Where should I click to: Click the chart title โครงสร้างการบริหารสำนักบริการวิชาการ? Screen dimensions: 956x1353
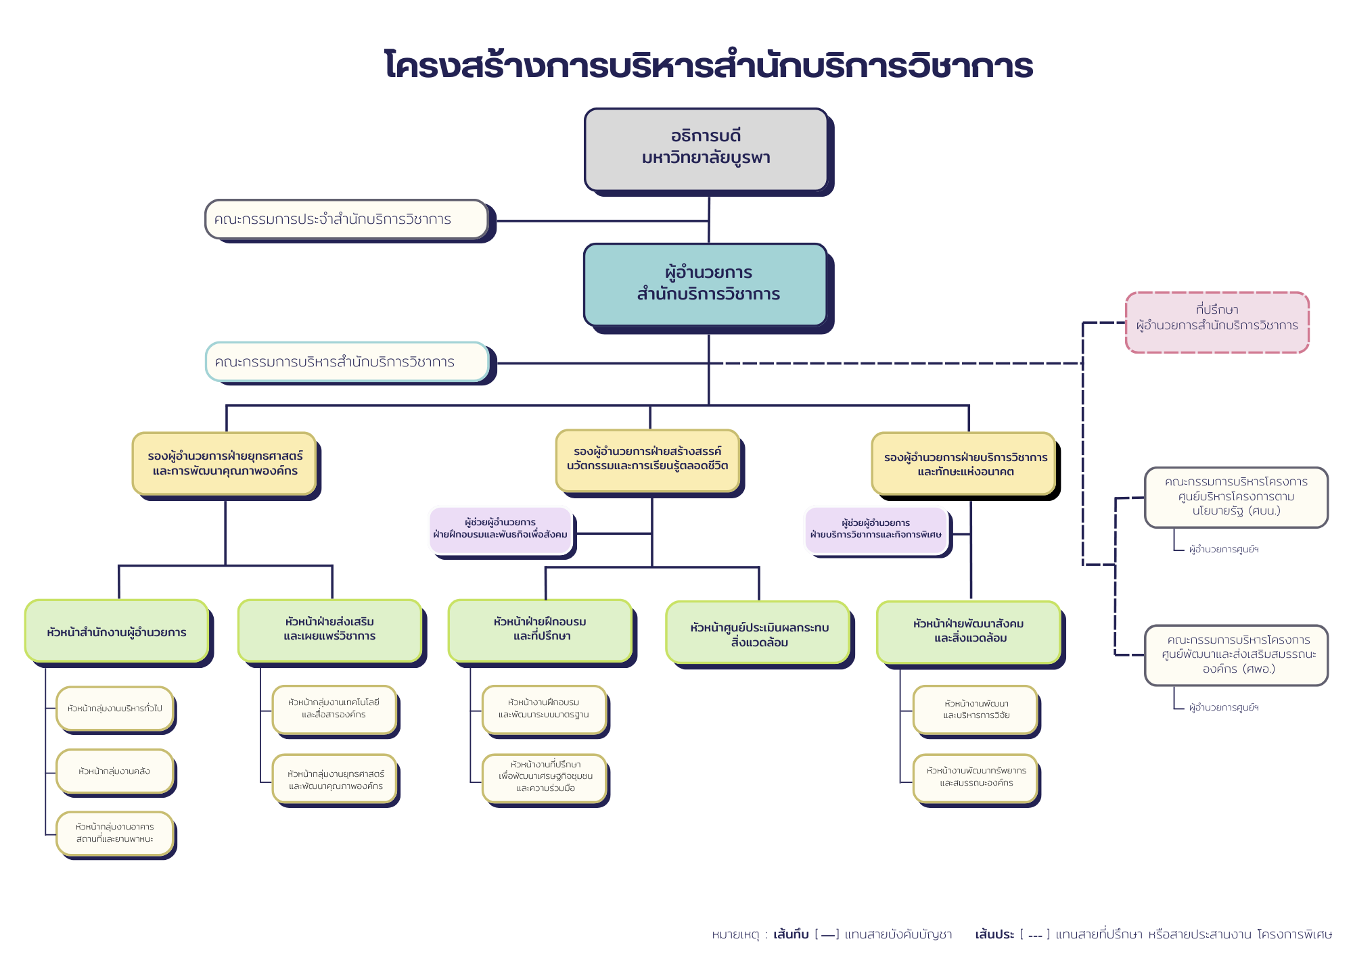click(x=708, y=66)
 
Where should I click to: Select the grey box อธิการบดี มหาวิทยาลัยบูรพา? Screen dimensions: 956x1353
click(x=706, y=149)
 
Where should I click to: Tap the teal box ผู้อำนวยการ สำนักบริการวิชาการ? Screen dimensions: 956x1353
click(x=706, y=284)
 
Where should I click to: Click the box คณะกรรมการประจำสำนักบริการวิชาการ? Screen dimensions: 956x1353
click(x=346, y=219)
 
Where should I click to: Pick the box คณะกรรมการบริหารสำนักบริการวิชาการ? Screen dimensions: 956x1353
click(x=347, y=362)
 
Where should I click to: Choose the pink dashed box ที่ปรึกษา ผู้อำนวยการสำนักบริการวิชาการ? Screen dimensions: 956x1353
click(x=1217, y=322)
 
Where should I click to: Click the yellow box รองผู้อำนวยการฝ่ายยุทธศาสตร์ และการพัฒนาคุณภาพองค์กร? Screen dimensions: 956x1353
click(x=225, y=463)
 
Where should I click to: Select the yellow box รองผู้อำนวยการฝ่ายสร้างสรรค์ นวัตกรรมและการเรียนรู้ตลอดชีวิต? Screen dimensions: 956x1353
click(x=647, y=459)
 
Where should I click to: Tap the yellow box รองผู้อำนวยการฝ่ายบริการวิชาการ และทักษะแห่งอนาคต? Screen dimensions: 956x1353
click(x=964, y=464)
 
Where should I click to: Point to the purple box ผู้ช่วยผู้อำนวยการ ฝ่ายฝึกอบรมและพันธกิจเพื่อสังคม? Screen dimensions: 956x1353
click(x=501, y=529)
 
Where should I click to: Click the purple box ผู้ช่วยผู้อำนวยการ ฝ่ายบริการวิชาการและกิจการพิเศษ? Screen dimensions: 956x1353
click(x=876, y=529)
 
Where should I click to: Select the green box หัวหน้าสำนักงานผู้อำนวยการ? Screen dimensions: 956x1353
click(x=117, y=631)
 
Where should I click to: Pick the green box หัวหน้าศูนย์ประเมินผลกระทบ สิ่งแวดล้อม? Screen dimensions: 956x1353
click(x=758, y=634)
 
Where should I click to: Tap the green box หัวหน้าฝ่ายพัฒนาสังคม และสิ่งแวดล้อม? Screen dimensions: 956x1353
click(x=969, y=631)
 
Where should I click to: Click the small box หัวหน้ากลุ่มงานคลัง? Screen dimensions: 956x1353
click(x=115, y=771)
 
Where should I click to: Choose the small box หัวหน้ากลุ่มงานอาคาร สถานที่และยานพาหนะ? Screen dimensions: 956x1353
click(x=115, y=833)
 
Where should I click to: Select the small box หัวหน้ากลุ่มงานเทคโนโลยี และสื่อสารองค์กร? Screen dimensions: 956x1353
click(x=334, y=709)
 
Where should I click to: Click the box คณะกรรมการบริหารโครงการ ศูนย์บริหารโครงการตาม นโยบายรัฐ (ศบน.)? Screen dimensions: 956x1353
click(x=1236, y=497)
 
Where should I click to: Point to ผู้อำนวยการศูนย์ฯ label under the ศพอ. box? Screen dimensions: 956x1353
click(x=1224, y=707)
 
